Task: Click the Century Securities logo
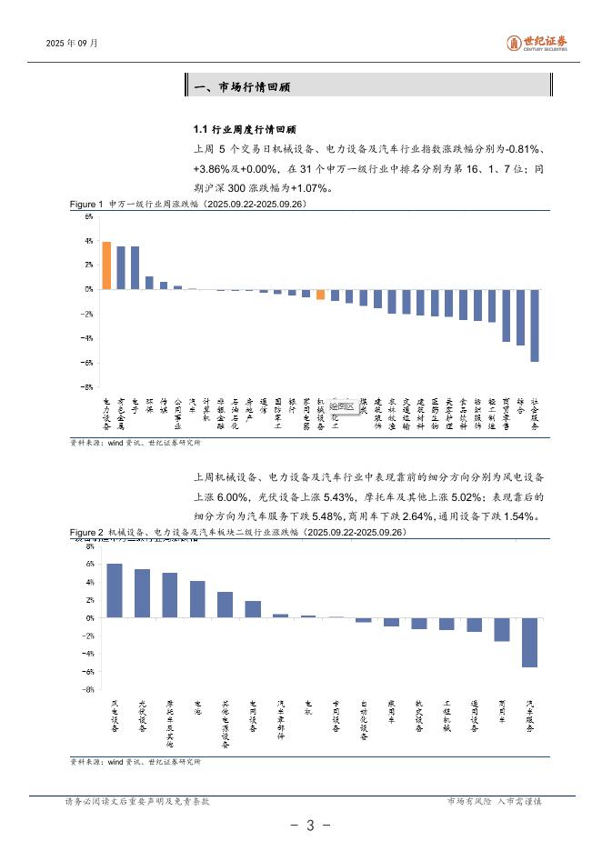pyautogui.click(x=537, y=43)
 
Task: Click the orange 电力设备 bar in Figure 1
pyautogui.click(x=106, y=265)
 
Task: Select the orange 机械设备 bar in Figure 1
pyautogui.click(x=320, y=294)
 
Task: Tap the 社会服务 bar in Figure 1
pyautogui.click(x=534, y=325)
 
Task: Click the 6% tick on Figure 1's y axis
pyautogui.click(x=89, y=216)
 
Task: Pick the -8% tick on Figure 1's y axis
pyautogui.click(x=88, y=386)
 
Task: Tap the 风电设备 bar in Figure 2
pyautogui.click(x=115, y=590)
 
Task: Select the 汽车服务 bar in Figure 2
pyautogui.click(x=530, y=642)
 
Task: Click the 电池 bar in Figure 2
pyautogui.click(x=197, y=599)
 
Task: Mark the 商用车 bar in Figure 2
pyautogui.click(x=502, y=629)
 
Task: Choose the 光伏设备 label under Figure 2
pyautogui.click(x=143, y=716)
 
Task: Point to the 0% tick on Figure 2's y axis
pyautogui.click(x=90, y=617)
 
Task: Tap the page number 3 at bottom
pyautogui.click(x=309, y=826)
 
